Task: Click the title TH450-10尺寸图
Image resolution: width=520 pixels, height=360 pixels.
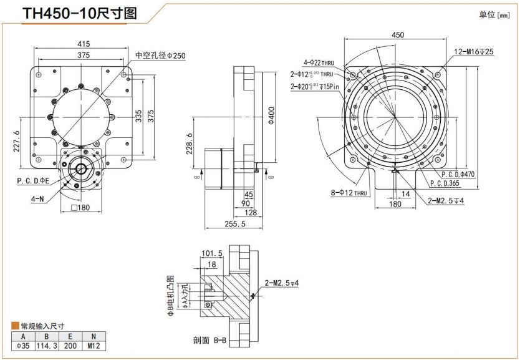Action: pyautogui.click(x=79, y=14)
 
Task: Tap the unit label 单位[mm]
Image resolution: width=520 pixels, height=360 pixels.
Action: pyautogui.click(x=494, y=14)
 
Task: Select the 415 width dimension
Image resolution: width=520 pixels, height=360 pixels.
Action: pyautogui.click(x=84, y=44)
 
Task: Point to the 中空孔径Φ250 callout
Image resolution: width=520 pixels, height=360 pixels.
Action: pyautogui.click(x=160, y=56)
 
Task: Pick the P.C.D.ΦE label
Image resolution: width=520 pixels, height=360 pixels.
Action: pyautogui.click(x=32, y=181)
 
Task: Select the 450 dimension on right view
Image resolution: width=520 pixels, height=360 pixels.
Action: pyautogui.click(x=397, y=36)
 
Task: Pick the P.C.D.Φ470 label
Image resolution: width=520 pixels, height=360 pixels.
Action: pyautogui.click(x=458, y=175)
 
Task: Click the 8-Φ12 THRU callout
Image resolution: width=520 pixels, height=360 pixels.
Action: pyautogui.click(x=350, y=193)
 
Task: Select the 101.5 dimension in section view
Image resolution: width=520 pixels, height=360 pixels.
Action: pyautogui.click(x=212, y=253)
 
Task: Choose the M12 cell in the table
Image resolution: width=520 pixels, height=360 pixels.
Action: pyautogui.click(x=94, y=346)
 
